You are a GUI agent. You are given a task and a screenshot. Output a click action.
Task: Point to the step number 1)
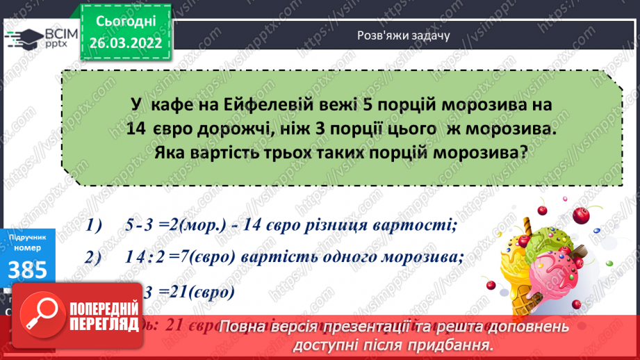click(95, 224)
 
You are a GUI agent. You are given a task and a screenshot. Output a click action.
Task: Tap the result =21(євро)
click(195, 291)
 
